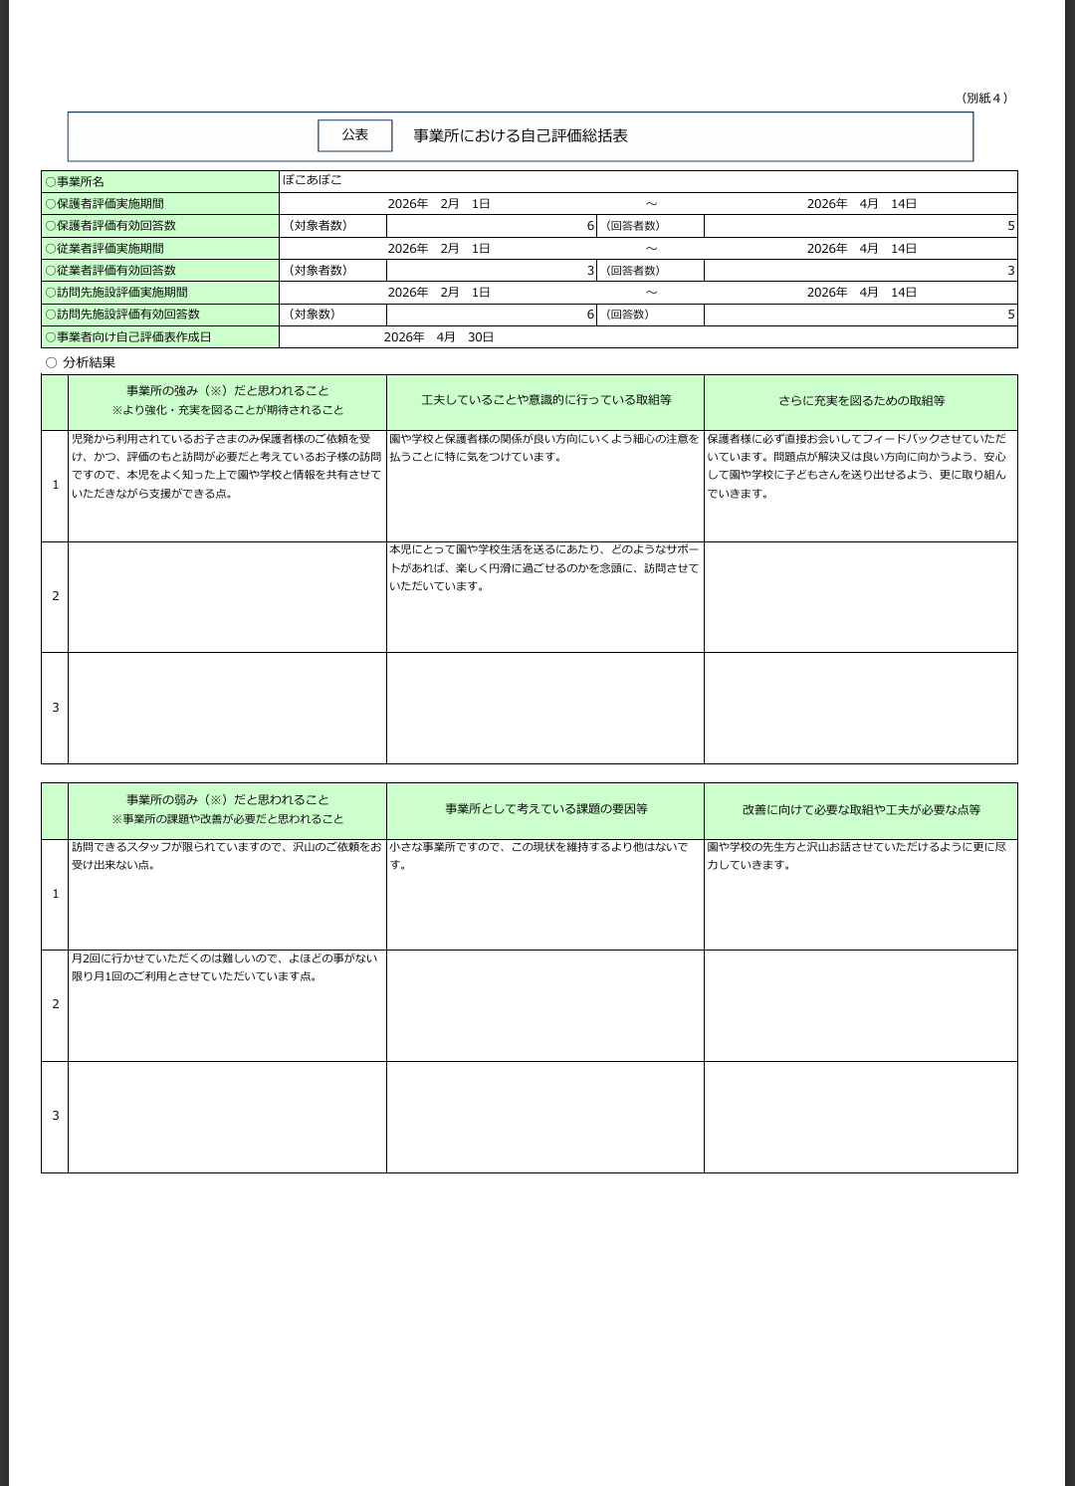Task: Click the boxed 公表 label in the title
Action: pos(354,135)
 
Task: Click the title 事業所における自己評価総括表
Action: pos(521,136)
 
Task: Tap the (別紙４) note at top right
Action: pos(984,98)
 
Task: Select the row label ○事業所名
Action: pos(75,182)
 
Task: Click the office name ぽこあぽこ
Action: pos(312,180)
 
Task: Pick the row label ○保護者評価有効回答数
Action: pos(110,226)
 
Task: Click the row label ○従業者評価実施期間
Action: pos(105,248)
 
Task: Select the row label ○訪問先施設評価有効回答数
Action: pos(122,315)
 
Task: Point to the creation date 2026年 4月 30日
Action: pos(438,337)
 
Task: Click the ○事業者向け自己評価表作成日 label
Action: pos(128,337)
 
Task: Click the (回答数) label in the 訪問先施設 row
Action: pos(627,315)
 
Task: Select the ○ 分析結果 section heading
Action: pos(81,362)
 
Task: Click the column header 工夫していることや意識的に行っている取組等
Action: pos(545,400)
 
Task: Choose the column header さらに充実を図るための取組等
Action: pos(861,401)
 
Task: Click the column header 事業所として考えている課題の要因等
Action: pos(545,809)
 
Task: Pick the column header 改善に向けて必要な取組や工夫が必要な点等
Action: pos(861,810)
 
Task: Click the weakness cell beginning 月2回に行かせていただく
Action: pos(224,967)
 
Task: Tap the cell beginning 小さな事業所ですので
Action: pos(538,856)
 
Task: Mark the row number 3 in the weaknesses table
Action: pos(55,1116)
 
